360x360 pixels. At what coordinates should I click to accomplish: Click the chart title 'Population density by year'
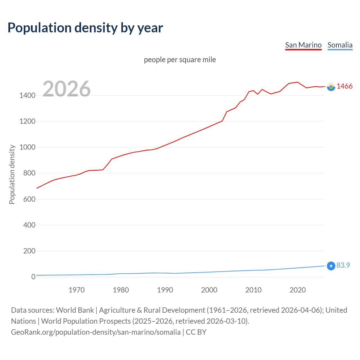point(85,28)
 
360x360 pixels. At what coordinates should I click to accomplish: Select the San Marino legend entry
point(303,45)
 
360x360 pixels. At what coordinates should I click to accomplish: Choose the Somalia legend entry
point(340,45)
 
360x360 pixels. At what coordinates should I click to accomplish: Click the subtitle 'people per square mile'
point(180,60)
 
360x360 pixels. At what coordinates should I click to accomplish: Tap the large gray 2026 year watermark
point(67,89)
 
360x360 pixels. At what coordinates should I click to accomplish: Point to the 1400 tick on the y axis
point(27,96)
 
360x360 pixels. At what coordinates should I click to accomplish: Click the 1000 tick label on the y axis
point(27,147)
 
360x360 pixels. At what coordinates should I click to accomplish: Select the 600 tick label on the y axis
point(29,199)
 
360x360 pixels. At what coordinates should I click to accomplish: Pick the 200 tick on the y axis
point(29,251)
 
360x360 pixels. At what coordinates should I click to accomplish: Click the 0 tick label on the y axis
point(33,277)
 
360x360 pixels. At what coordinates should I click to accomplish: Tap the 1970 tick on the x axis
point(76,290)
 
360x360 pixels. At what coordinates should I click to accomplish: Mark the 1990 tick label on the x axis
point(165,290)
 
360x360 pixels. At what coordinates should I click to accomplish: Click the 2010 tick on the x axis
point(253,290)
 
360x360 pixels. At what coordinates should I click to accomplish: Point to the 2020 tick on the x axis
point(298,290)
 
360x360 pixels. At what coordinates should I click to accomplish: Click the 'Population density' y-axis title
point(12,174)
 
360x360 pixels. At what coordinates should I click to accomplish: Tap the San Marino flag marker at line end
point(331,87)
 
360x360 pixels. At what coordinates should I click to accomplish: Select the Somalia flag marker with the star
point(331,266)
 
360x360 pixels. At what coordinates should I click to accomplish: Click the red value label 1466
point(344,86)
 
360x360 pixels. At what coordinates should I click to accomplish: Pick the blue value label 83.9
point(343,265)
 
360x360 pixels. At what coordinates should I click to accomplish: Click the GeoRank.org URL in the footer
point(96,332)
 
